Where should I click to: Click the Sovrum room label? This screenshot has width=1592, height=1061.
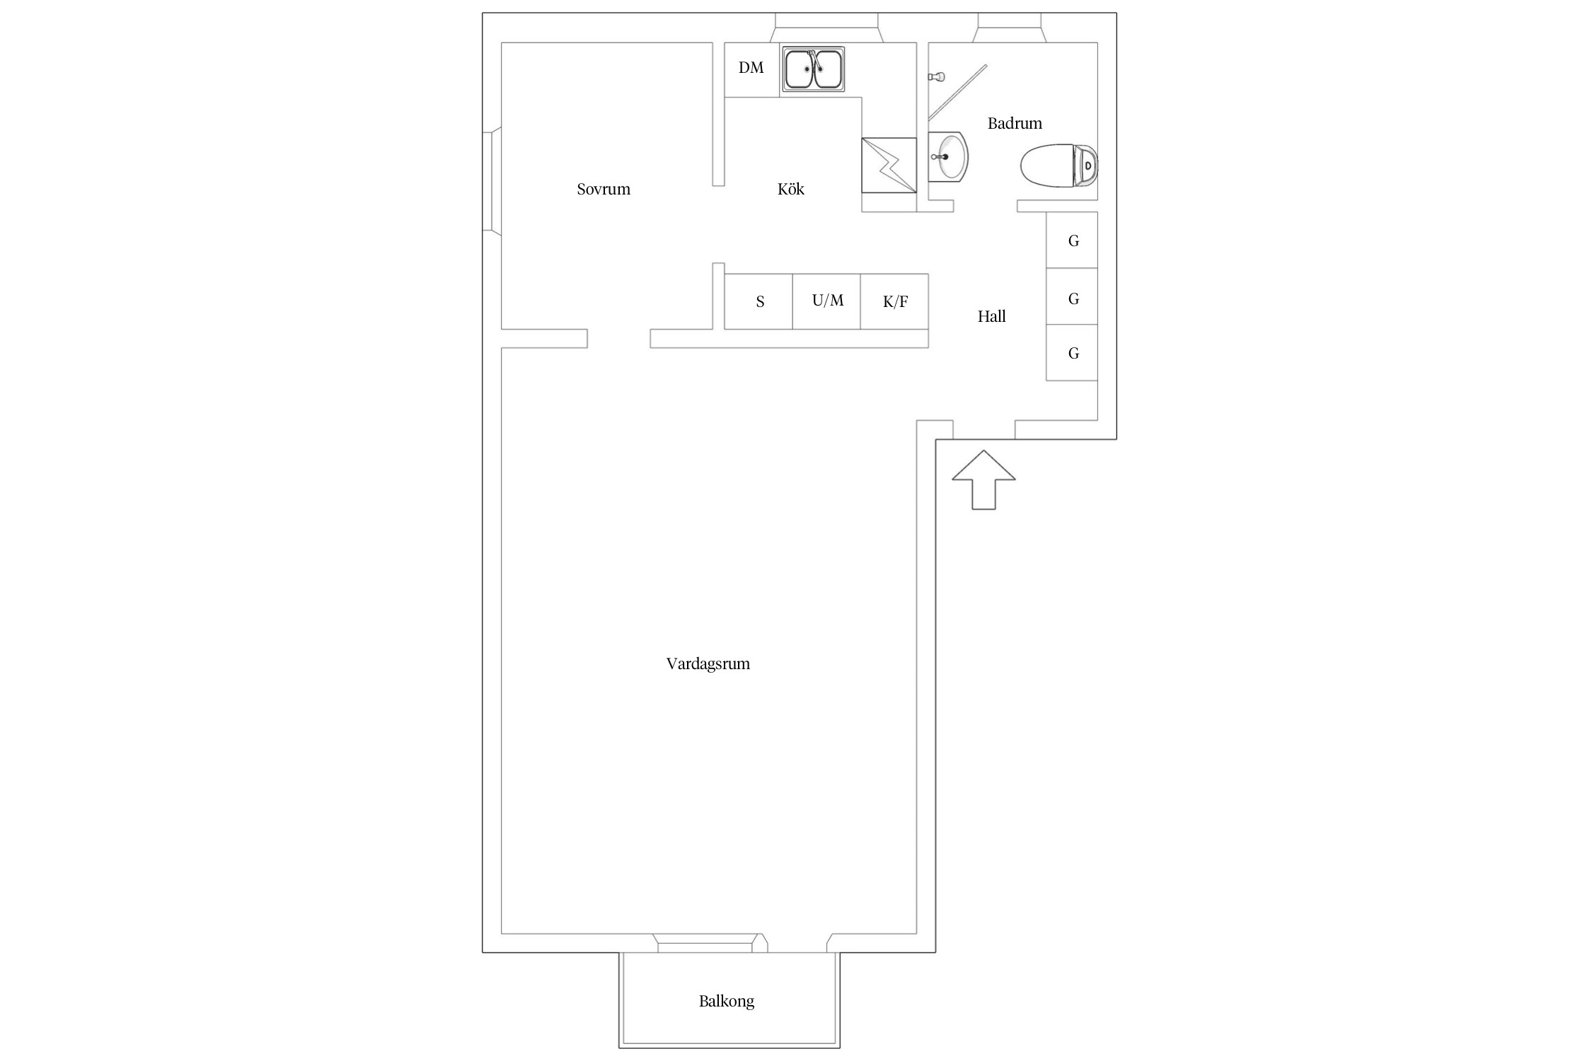tap(603, 189)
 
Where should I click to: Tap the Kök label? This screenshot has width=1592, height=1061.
tap(790, 189)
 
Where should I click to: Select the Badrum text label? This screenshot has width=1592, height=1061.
tap(1015, 123)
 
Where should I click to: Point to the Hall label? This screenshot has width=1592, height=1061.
tap(991, 316)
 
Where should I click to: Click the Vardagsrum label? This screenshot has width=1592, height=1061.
tap(708, 663)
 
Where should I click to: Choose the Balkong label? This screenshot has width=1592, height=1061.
tap(726, 1001)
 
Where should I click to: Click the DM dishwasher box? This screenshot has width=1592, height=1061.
tap(751, 69)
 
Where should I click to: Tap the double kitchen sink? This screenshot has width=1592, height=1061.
tap(813, 69)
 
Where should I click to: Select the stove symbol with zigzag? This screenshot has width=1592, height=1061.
tap(889, 166)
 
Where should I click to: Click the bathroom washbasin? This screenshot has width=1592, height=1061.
tap(947, 156)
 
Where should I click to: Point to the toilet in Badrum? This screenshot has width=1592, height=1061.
tap(1059, 166)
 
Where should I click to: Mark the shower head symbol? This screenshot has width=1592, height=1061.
tap(936, 76)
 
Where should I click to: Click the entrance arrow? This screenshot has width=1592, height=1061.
tap(984, 480)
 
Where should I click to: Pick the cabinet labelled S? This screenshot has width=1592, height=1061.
tap(758, 301)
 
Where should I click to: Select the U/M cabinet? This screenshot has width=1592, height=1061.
tap(826, 301)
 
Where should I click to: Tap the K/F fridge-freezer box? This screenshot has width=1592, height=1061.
tap(894, 301)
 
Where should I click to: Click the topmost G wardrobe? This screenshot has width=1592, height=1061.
tap(1072, 240)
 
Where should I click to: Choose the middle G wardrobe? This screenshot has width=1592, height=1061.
tap(1072, 296)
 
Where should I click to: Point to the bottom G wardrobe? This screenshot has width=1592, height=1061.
tap(1072, 352)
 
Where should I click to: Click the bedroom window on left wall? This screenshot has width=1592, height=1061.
tap(492, 181)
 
